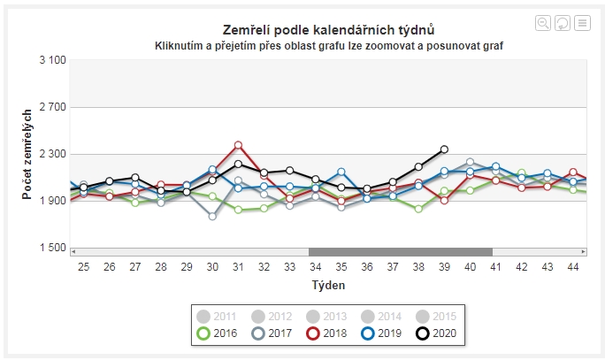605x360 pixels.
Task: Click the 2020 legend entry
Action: click(x=436, y=333)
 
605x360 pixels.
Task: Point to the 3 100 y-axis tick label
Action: click(x=53, y=60)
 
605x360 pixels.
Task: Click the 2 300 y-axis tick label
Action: click(x=53, y=154)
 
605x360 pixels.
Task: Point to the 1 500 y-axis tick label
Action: click(x=53, y=248)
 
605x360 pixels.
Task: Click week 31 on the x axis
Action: click(x=238, y=266)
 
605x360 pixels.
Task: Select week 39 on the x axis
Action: click(x=444, y=266)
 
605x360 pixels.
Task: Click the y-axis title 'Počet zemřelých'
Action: click(x=27, y=154)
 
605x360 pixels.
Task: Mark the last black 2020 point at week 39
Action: click(x=444, y=149)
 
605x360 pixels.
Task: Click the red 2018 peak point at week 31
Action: click(x=238, y=145)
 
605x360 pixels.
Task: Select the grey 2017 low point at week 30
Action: click(x=212, y=216)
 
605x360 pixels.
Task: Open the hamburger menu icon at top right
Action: click(x=582, y=22)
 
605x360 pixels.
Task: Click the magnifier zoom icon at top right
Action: click(x=543, y=22)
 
